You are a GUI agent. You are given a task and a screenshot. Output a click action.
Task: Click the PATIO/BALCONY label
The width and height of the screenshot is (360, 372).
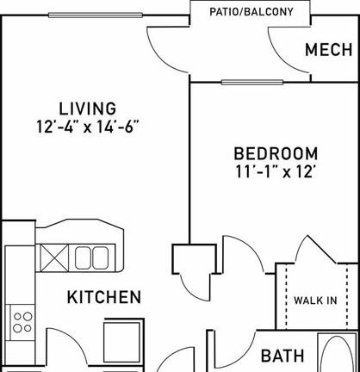pos(251,12)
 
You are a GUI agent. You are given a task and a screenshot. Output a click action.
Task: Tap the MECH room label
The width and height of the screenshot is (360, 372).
pos(329,50)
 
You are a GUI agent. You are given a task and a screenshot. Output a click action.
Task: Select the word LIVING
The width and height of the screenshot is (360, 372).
pos(88,108)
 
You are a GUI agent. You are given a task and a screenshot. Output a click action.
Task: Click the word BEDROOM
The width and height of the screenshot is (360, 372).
pos(276,153)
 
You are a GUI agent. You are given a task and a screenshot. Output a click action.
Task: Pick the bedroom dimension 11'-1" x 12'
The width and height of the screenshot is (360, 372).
pos(276,171)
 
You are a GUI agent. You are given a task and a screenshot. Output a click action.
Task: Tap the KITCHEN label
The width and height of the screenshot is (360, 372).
pos(104,297)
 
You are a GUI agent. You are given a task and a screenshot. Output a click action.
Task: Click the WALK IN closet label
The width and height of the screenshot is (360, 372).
pos(315,301)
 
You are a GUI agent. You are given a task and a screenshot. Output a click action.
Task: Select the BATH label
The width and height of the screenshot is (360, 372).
pos(282,356)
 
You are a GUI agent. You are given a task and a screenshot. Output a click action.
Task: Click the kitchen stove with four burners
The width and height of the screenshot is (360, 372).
pos(22,322)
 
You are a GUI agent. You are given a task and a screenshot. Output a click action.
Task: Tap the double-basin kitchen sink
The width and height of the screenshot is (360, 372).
pos(91,258)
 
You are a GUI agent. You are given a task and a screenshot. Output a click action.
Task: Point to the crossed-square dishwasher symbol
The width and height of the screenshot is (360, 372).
pos(54,258)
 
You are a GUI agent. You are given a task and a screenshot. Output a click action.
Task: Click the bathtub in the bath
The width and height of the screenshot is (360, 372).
pos(338,352)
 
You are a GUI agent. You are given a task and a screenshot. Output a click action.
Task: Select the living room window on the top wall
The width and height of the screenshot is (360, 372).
pos(96,15)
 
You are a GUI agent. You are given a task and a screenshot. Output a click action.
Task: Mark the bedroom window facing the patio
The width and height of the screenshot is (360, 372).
pos(252,83)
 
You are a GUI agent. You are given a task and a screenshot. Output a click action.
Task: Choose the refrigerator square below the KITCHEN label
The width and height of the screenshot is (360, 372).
pos(123,341)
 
